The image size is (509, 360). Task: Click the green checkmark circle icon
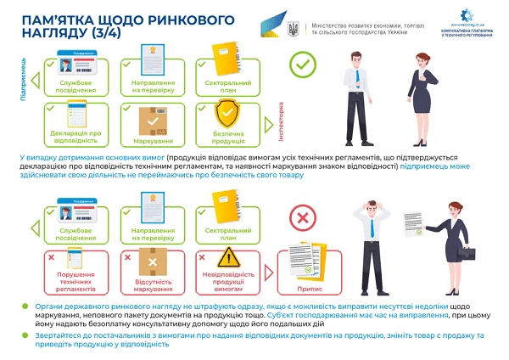point(301,65)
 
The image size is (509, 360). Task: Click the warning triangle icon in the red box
point(227,258)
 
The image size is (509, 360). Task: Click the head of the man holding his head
point(372,206)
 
